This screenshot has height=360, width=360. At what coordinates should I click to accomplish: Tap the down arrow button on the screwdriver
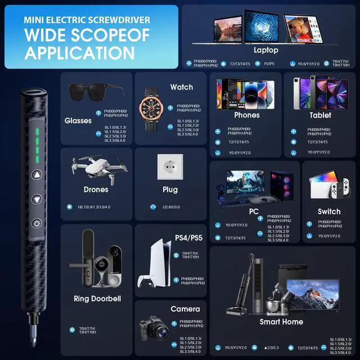pos(37,199)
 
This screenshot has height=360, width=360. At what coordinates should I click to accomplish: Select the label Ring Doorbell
pos(97,299)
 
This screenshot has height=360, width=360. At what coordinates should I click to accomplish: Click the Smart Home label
pos(281,322)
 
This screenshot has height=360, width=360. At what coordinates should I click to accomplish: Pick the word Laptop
pos(265,50)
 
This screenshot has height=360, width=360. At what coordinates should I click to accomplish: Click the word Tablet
pos(320,115)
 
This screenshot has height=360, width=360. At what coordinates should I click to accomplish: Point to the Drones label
pos(96,190)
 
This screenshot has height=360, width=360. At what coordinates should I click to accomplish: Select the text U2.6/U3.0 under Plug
pos(171,207)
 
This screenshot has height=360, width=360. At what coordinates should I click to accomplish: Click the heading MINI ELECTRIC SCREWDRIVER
pos(87,20)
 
